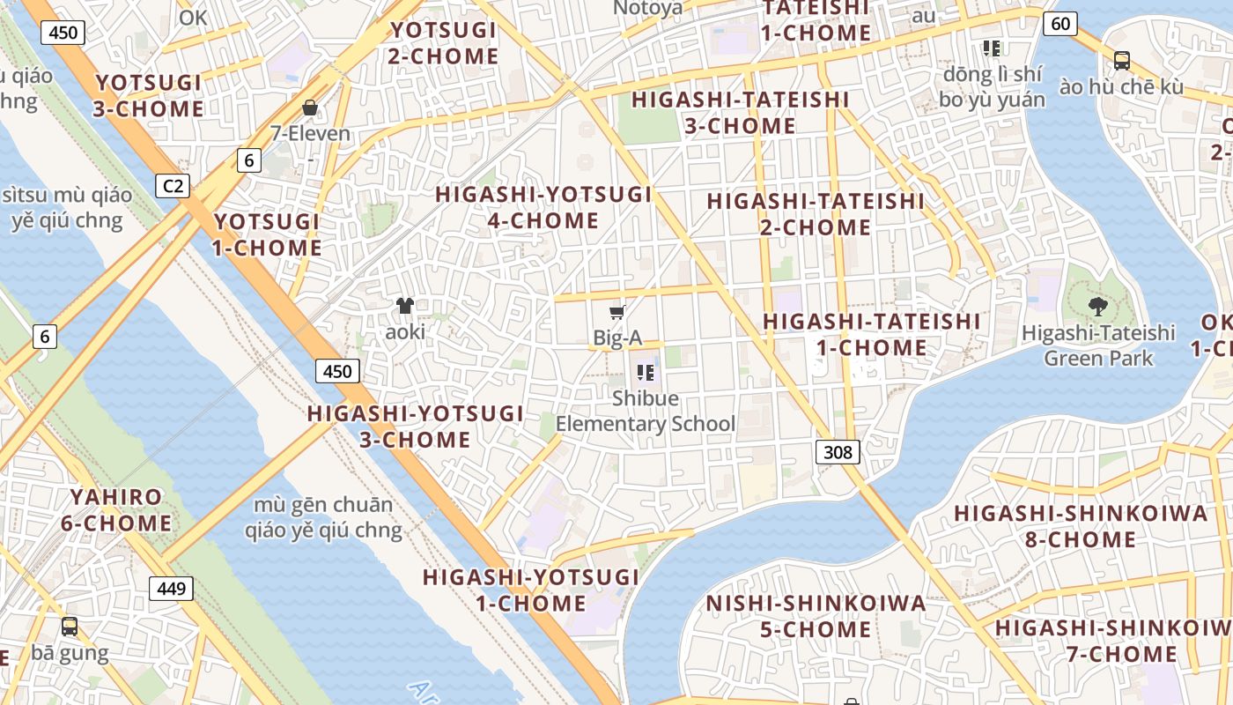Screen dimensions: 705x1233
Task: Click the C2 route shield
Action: point(174,186)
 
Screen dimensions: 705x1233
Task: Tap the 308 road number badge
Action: point(837,452)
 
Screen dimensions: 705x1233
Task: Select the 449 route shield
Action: point(171,588)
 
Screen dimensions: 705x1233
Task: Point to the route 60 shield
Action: point(1060,24)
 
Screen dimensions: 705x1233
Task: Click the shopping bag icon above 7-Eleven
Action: point(310,108)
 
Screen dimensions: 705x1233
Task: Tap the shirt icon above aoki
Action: point(405,306)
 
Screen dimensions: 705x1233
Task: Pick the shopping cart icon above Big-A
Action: point(617,312)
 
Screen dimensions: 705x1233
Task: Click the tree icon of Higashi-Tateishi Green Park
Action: point(1097,307)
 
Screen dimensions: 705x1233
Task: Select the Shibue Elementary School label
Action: point(646,411)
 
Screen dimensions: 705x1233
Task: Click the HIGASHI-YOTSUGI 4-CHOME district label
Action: point(543,207)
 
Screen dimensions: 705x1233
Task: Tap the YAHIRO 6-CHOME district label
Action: point(116,509)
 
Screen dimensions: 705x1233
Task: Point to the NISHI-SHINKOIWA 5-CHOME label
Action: point(816,616)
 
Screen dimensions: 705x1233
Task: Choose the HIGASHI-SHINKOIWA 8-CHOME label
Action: point(1081,526)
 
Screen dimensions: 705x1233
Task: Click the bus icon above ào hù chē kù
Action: point(1121,61)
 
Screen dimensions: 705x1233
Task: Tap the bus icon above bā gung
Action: point(70,627)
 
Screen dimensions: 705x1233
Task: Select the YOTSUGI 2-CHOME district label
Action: point(444,43)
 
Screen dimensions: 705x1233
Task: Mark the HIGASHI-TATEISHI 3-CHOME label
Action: point(740,113)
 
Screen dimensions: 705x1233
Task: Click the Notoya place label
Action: point(647,9)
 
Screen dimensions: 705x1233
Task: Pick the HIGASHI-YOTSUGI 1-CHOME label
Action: point(531,590)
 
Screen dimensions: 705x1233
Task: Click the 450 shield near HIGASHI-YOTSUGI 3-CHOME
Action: point(337,371)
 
